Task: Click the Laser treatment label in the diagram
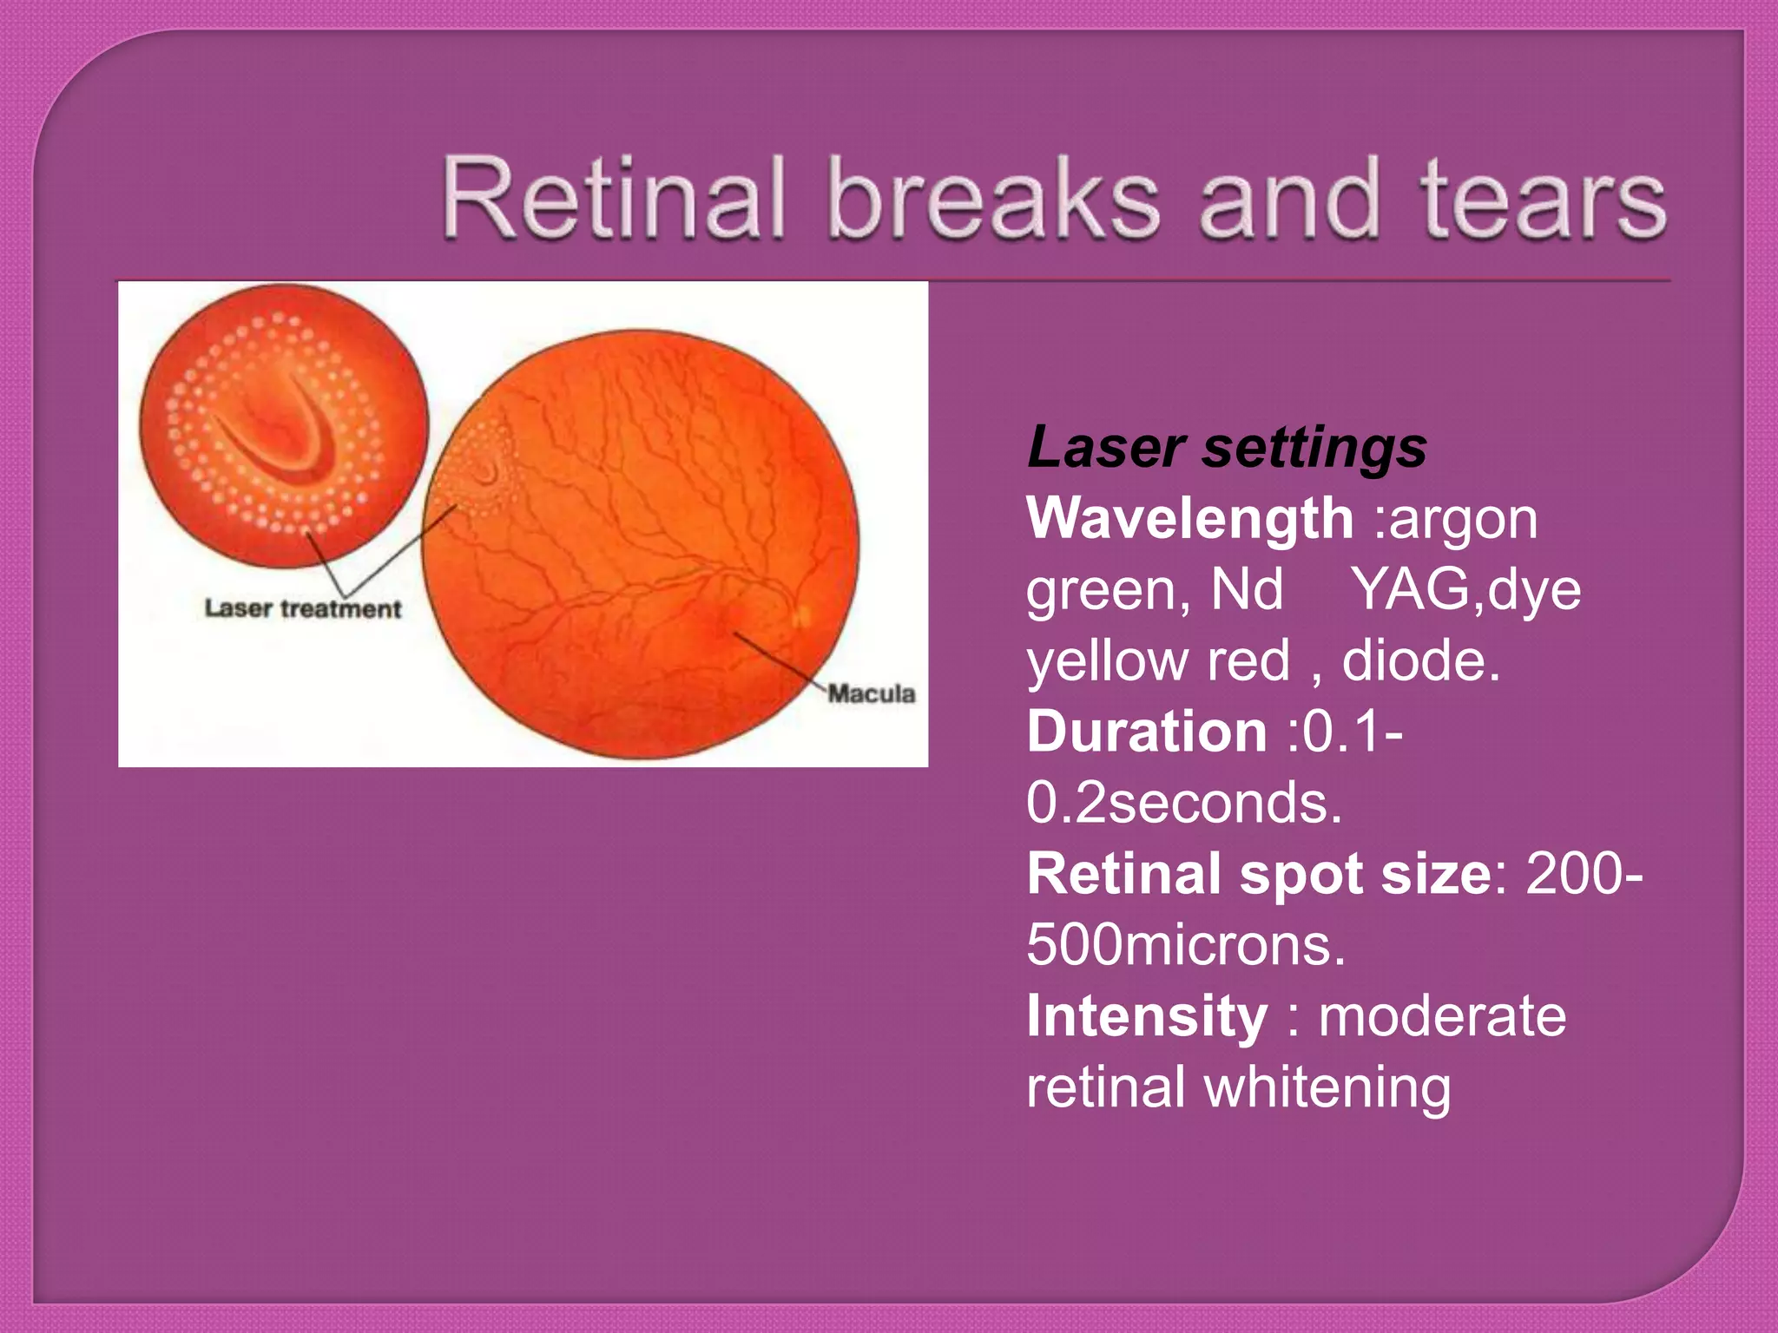coord(302,609)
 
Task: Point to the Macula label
coord(871,693)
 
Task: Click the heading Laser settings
coord(1226,448)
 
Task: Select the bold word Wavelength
coord(1189,519)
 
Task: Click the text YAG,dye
coord(1467,590)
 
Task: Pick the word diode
coord(1421,661)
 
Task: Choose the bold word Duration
coord(1147,732)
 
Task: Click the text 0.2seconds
coord(1184,803)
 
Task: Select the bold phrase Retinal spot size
coord(1258,874)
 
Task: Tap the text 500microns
coord(1186,945)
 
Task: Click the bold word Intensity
coord(1147,1016)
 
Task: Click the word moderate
coord(1442,1016)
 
